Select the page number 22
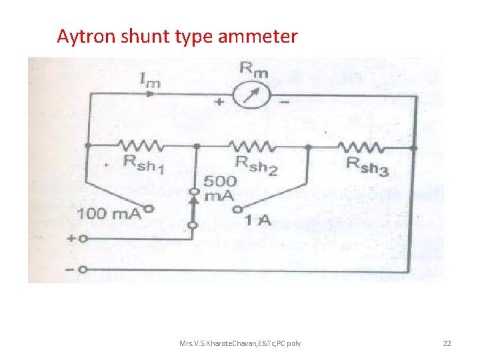coord(447,343)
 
